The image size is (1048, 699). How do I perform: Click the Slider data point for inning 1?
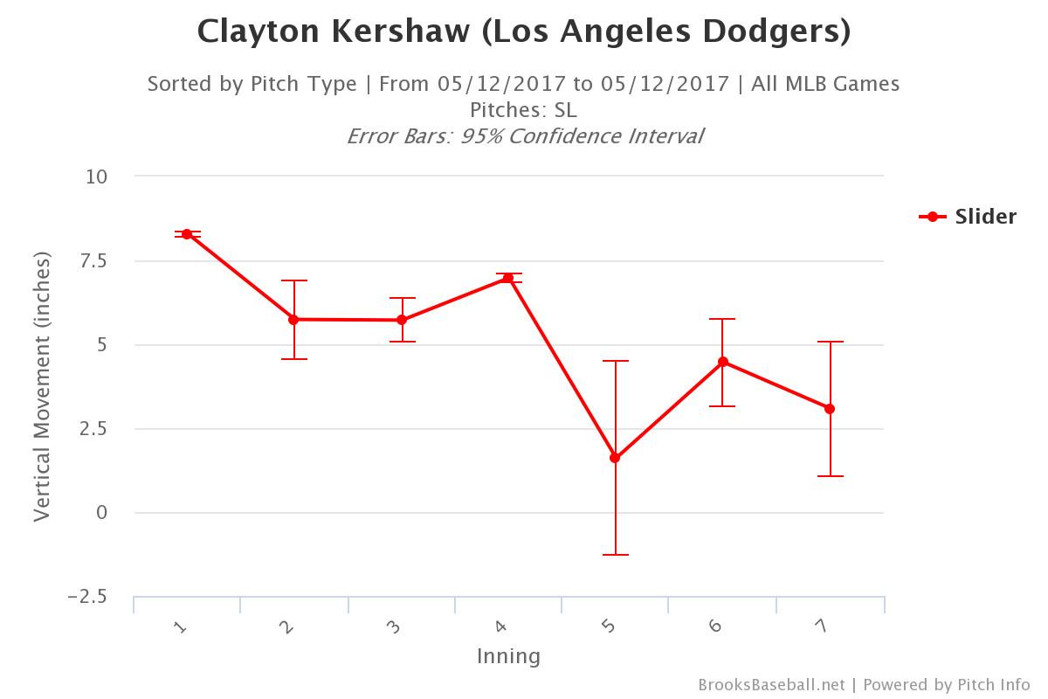pos(187,234)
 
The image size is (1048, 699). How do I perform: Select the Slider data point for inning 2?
pos(293,320)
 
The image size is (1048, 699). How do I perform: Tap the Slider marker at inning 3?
pos(402,320)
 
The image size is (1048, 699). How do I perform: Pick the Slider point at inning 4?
pos(508,278)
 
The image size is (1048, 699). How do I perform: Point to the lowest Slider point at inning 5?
pos(616,458)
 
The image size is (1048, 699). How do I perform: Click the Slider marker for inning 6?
pos(723,362)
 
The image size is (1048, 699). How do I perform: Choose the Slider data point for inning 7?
pos(830,409)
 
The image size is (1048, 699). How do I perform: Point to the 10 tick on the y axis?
pos(96,176)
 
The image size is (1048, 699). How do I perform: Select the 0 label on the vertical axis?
pos(102,513)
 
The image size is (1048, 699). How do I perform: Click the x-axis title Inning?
pos(508,656)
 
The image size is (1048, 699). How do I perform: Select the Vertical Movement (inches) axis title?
pos(42,386)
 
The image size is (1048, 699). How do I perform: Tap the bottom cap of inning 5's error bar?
pos(616,555)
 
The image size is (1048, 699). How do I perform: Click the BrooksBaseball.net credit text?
pos(771,685)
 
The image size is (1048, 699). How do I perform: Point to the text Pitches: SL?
pos(523,110)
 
